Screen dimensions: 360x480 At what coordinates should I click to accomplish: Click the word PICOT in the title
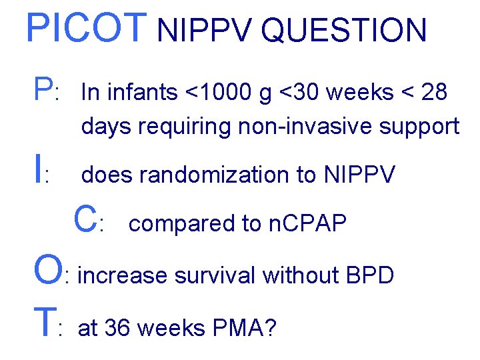point(85,28)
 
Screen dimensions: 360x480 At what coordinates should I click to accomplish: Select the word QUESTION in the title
point(344,31)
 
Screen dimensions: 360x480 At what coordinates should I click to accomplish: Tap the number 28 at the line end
point(433,93)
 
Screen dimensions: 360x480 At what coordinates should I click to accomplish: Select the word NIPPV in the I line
point(359,175)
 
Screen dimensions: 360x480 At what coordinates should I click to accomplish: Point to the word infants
point(139,93)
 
